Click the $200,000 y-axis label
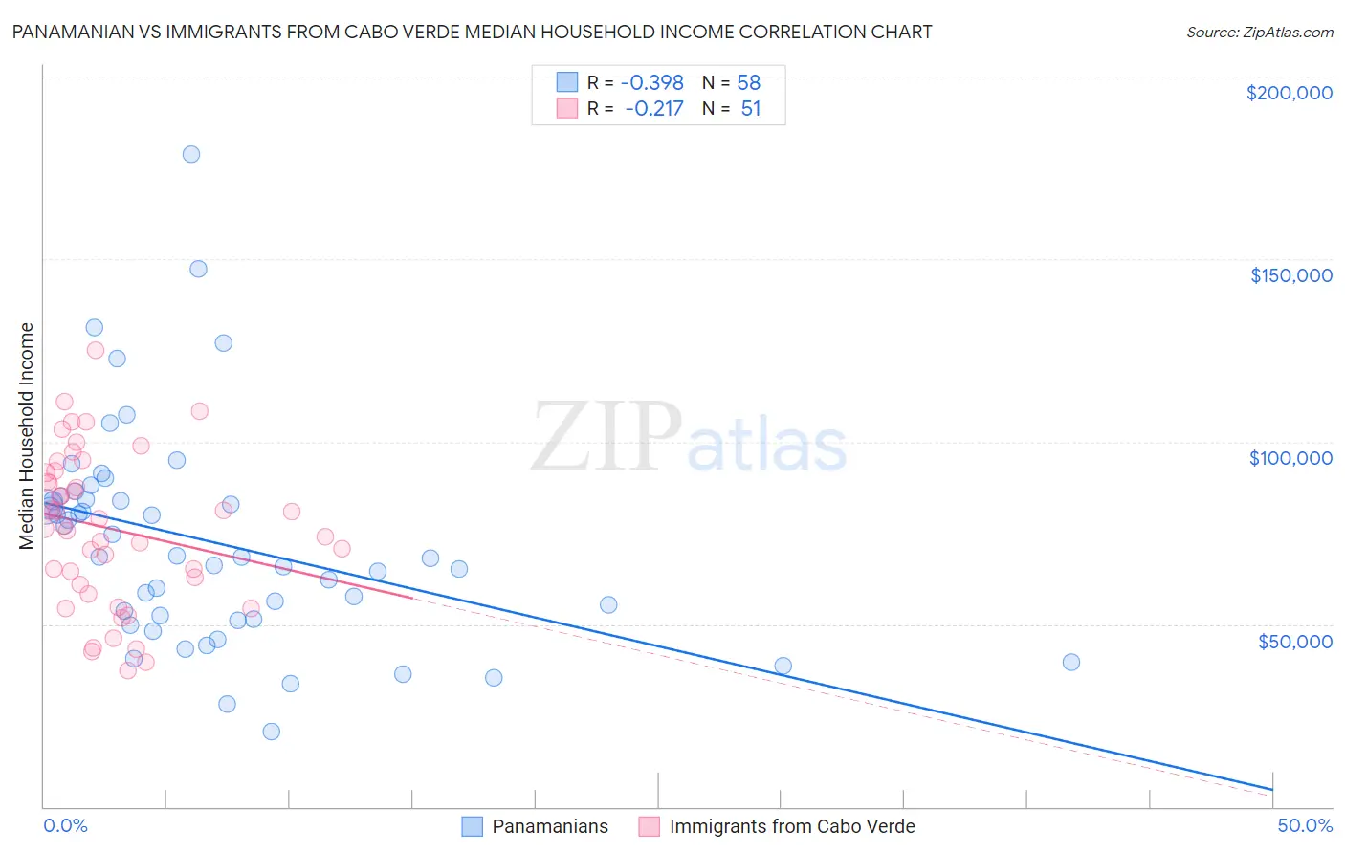[x=1289, y=93]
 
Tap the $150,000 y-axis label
[x=1290, y=275]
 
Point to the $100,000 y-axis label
[x=1290, y=458]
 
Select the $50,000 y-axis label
[x=1294, y=641]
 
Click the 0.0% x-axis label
[x=65, y=825]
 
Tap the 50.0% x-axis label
[x=1305, y=825]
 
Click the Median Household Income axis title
[x=27, y=436]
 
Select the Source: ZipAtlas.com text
[x=1259, y=32]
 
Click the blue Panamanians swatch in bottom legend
[x=472, y=826]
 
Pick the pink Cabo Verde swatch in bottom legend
[x=650, y=826]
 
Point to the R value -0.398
[x=652, y=82]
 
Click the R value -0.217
[x=654, y=108]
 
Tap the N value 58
[x=749, y=82]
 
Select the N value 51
[x=751, y=108]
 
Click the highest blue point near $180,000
[x=191, y=154]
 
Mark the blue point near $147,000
[x=198, y=269]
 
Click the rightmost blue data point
[x=1071, y=663]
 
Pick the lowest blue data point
[x=272, y=732]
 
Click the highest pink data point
[x=96, y=350]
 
